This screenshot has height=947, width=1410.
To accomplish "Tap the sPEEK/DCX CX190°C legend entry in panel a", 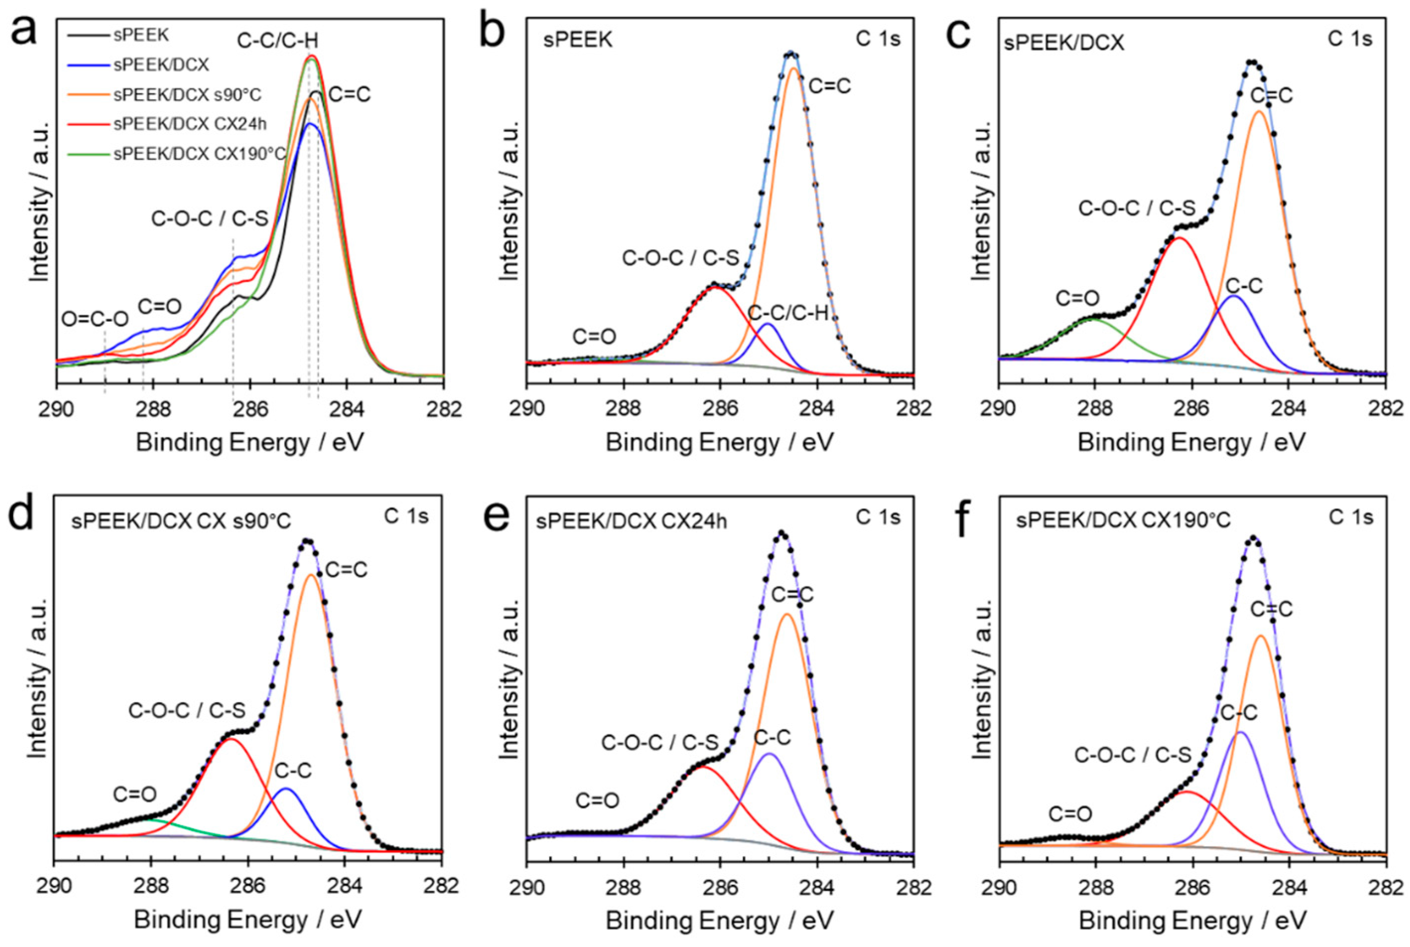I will click(x=199, y=154).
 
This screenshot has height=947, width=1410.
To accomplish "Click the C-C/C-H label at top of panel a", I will click(x=277, y=41).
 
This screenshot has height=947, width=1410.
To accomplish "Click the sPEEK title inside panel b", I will click(x=578, y=40).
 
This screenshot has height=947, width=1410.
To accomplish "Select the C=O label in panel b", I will click(x=595, y=336).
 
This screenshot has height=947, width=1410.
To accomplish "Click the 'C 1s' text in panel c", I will click(x=1349, y=39).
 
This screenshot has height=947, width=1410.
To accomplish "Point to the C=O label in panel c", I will click(x=1077, y=298).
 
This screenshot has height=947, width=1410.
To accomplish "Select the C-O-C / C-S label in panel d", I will click(x=187, y=711).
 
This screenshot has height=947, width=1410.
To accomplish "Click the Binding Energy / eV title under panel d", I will click(x=248, y=920).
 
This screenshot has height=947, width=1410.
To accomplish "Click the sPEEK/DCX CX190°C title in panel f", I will click(x=1123, y=520).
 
